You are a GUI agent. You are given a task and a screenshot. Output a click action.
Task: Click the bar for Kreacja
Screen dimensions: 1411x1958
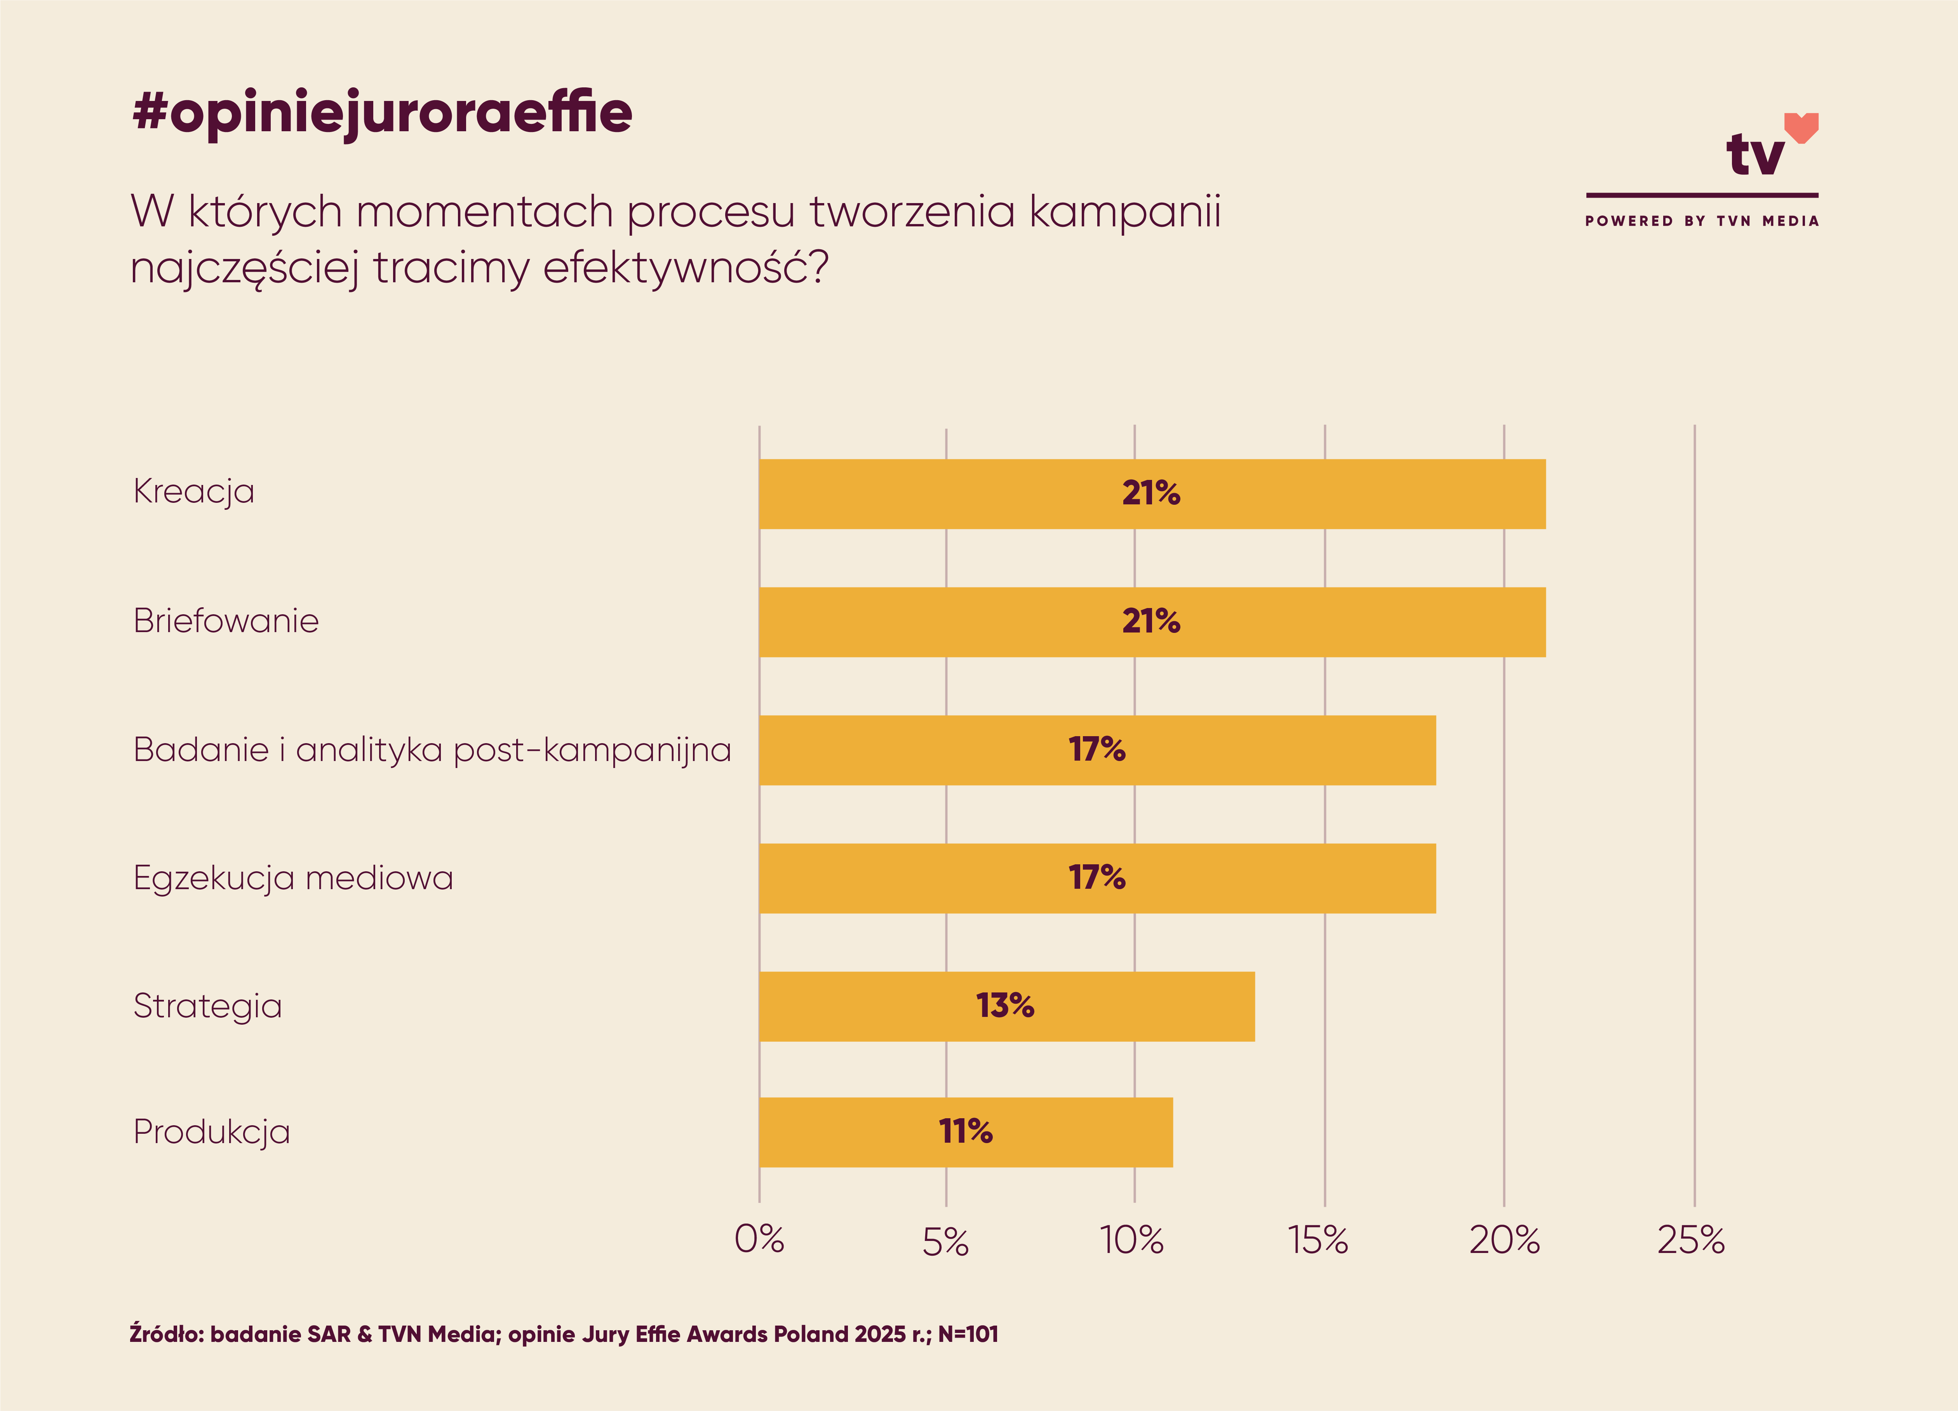click(1152, 494)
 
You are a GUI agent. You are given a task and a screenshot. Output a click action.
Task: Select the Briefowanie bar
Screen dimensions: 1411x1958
click(1152, 622)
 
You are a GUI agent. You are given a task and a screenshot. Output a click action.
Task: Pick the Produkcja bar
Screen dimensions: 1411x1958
click(965, 1132)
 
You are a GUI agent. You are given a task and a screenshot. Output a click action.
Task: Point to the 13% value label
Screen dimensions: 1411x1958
click(1005, 1005)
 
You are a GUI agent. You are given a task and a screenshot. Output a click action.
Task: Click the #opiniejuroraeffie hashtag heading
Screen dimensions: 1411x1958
click(383, 113)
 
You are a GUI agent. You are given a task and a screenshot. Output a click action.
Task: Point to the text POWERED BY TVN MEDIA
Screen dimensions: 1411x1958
click(1702, 221)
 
